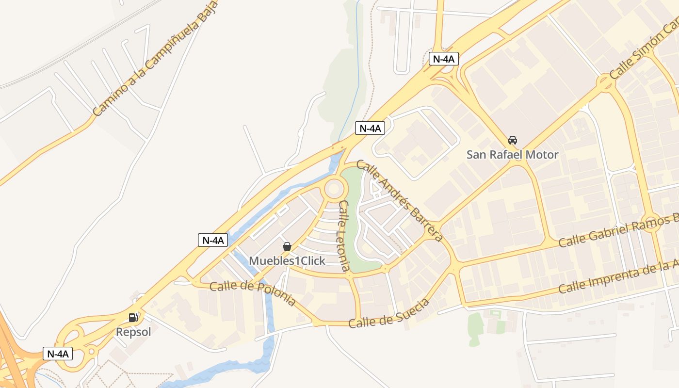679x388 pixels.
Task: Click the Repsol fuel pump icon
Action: [133, 318]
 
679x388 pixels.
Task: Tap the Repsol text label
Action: [133, 332]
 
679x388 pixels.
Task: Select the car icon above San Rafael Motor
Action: [512, 140]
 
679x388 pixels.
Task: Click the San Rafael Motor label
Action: [512, 155]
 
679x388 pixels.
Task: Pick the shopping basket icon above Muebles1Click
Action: [287, 246]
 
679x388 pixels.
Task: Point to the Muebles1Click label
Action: [287, 261]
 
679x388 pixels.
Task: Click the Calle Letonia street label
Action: [344, 236]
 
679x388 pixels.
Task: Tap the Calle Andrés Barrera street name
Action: [400, 201]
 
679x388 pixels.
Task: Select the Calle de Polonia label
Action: [253, 293]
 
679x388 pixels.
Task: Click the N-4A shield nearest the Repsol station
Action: [58, 354]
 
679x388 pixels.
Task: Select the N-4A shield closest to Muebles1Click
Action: [213, 240]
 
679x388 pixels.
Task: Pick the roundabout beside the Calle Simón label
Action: [606, 82]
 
